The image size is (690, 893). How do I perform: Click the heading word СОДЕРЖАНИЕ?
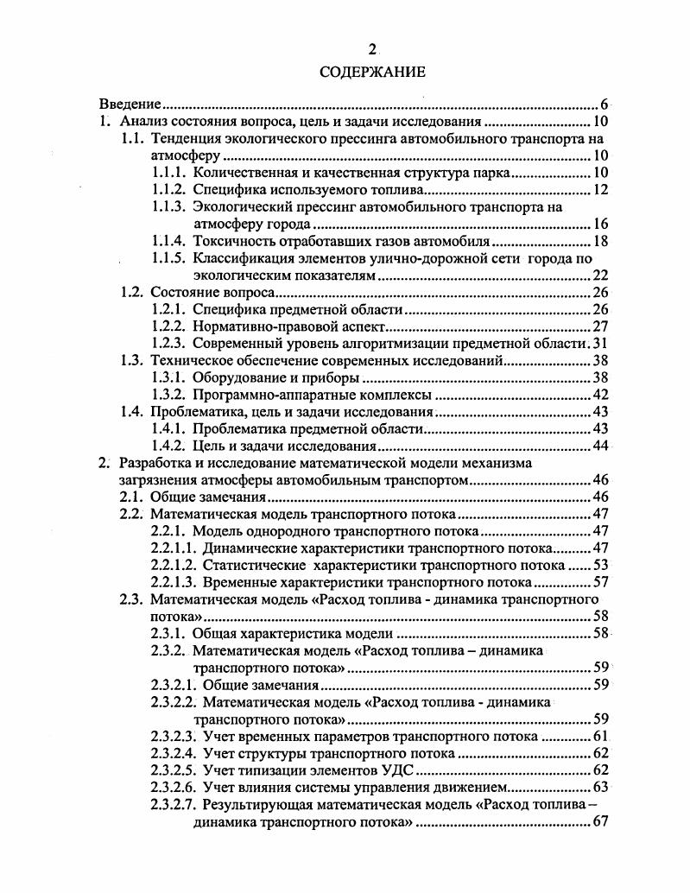click(371, 73)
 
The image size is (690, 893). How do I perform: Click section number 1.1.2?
click(168, 189)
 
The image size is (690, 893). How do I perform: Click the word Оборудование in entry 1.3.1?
click(233, 378)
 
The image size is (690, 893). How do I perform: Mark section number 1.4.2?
click(168, 446)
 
